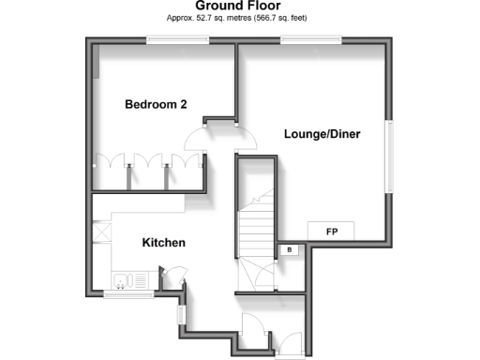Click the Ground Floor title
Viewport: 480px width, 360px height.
(239, 7)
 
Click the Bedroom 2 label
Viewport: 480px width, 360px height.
(157, 105)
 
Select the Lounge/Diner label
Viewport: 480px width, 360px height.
(322, 134)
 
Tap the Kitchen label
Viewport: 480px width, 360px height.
(163, 243)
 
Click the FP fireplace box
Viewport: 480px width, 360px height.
(332, 231)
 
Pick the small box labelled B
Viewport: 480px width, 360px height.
(290, 249)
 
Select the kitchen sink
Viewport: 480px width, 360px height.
(124, 277)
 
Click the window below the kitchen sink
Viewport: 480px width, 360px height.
(129, 294)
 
